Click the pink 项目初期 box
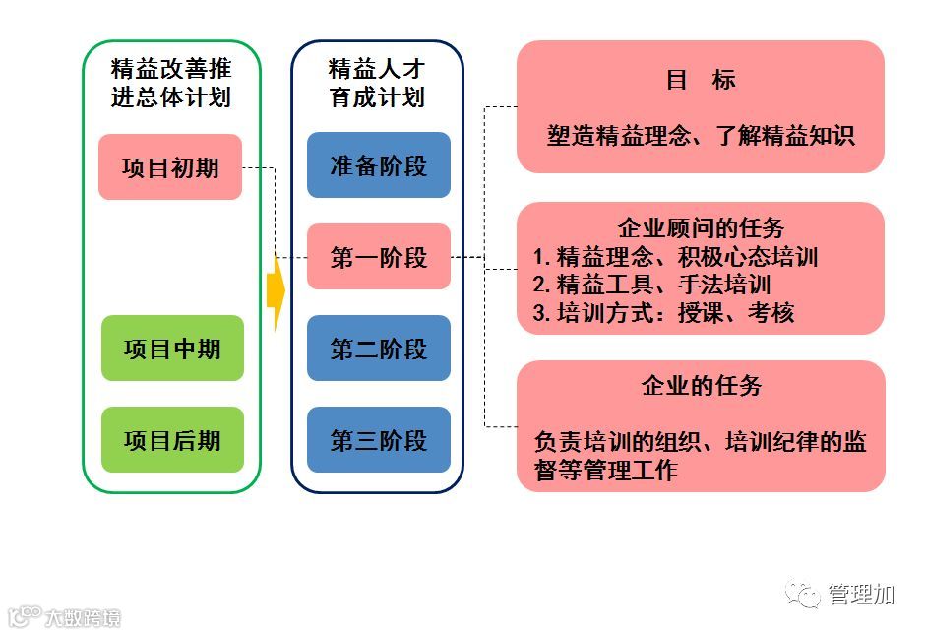click(170, 167)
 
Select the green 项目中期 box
click(172, 349)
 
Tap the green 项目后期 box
click(172, 440)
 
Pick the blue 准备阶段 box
click(379, 165)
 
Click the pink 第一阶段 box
click(379, 257)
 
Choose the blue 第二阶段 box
click(379, 349)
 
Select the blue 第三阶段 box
click(379, 440)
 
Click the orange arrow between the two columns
click(276, 291)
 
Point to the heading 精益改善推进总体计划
click(171, 83)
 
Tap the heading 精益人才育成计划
click(377, 83)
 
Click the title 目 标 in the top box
click(701, 80)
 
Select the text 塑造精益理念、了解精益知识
click(701, 135)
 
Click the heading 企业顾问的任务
click(701, 228)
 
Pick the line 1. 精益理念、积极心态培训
click(676, 257)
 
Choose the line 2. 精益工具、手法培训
click(651, 286)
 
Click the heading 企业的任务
click(701, 385)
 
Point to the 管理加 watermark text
click(861, 594)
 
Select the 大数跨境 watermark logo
click(64, 617)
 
